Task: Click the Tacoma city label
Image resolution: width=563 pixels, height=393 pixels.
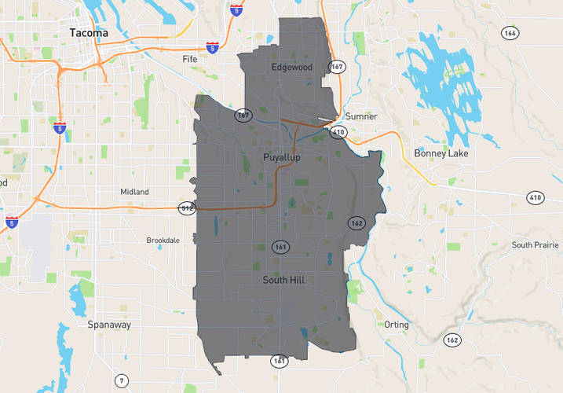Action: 89,33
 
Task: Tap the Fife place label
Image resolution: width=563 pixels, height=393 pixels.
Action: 190,59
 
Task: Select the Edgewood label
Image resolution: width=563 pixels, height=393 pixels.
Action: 291,68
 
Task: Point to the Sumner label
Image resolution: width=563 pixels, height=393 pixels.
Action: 361,116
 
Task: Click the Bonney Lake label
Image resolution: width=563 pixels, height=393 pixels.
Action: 441,153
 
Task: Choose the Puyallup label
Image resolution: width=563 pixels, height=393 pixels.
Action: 282,158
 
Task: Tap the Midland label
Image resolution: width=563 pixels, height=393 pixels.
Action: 134,192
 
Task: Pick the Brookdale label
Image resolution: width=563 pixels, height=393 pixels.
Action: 163,240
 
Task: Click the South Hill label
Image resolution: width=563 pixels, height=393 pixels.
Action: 283,280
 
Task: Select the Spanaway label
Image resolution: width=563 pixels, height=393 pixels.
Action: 109,324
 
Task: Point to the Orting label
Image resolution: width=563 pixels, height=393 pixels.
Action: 397,324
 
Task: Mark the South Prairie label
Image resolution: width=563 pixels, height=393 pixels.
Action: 533,244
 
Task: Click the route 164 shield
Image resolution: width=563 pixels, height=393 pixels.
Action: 510,32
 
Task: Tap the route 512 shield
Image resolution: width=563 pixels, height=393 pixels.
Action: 187,208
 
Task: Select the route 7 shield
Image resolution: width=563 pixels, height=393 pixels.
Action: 121,381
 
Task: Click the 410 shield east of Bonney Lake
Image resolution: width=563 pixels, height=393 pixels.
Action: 536,197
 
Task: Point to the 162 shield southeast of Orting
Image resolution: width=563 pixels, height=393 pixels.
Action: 451,340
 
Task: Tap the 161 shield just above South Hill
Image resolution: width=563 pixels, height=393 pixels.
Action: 280,248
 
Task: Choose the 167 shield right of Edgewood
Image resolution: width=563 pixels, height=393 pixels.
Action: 336,67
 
